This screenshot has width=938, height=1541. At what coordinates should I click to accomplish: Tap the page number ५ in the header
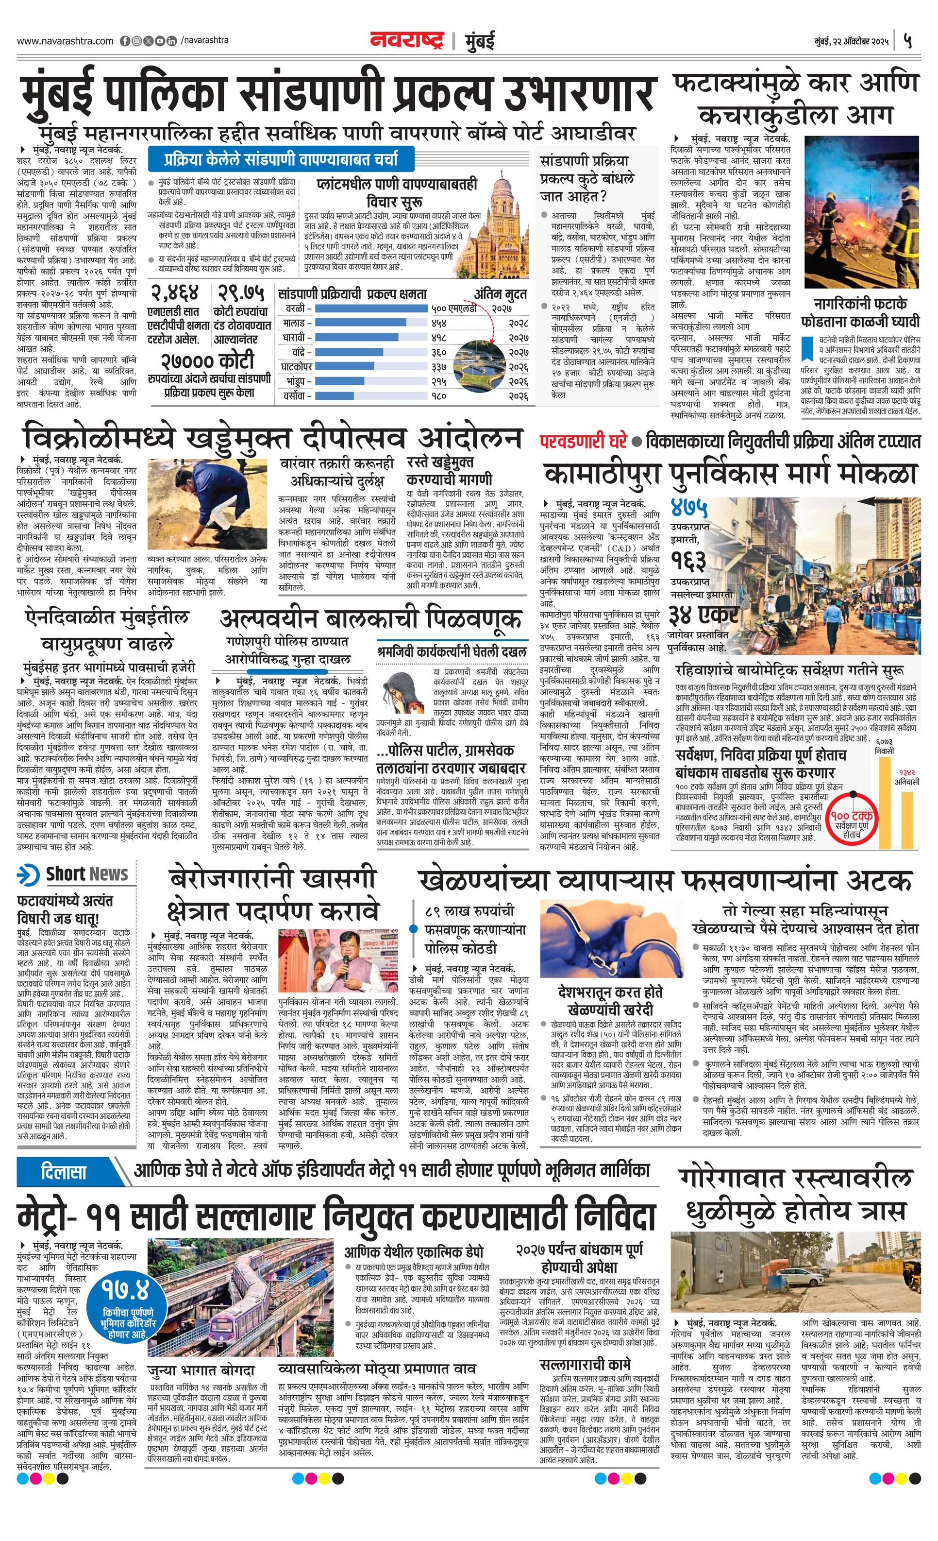coord(908,41)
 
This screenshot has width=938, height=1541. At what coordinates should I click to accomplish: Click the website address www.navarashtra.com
coord(65,41)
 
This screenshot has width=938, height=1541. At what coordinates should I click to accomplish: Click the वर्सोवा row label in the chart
coord(293,396)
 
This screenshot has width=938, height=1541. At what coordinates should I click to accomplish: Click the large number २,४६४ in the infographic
coord(173,292)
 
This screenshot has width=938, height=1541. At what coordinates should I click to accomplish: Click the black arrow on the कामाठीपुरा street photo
coord(881,501)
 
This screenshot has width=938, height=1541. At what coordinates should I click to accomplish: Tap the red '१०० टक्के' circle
coord(853,817)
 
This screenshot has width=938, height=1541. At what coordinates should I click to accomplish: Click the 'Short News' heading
coord(86,873)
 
